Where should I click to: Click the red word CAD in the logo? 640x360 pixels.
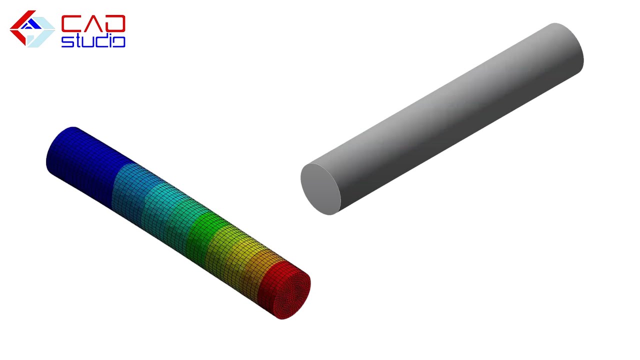click(x=93, y=23)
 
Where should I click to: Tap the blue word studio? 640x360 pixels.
click(x=93, y=40)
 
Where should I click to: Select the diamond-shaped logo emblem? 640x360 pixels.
click(x=32, y=29)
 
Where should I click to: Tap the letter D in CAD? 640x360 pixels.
click(x=115, y=23)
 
